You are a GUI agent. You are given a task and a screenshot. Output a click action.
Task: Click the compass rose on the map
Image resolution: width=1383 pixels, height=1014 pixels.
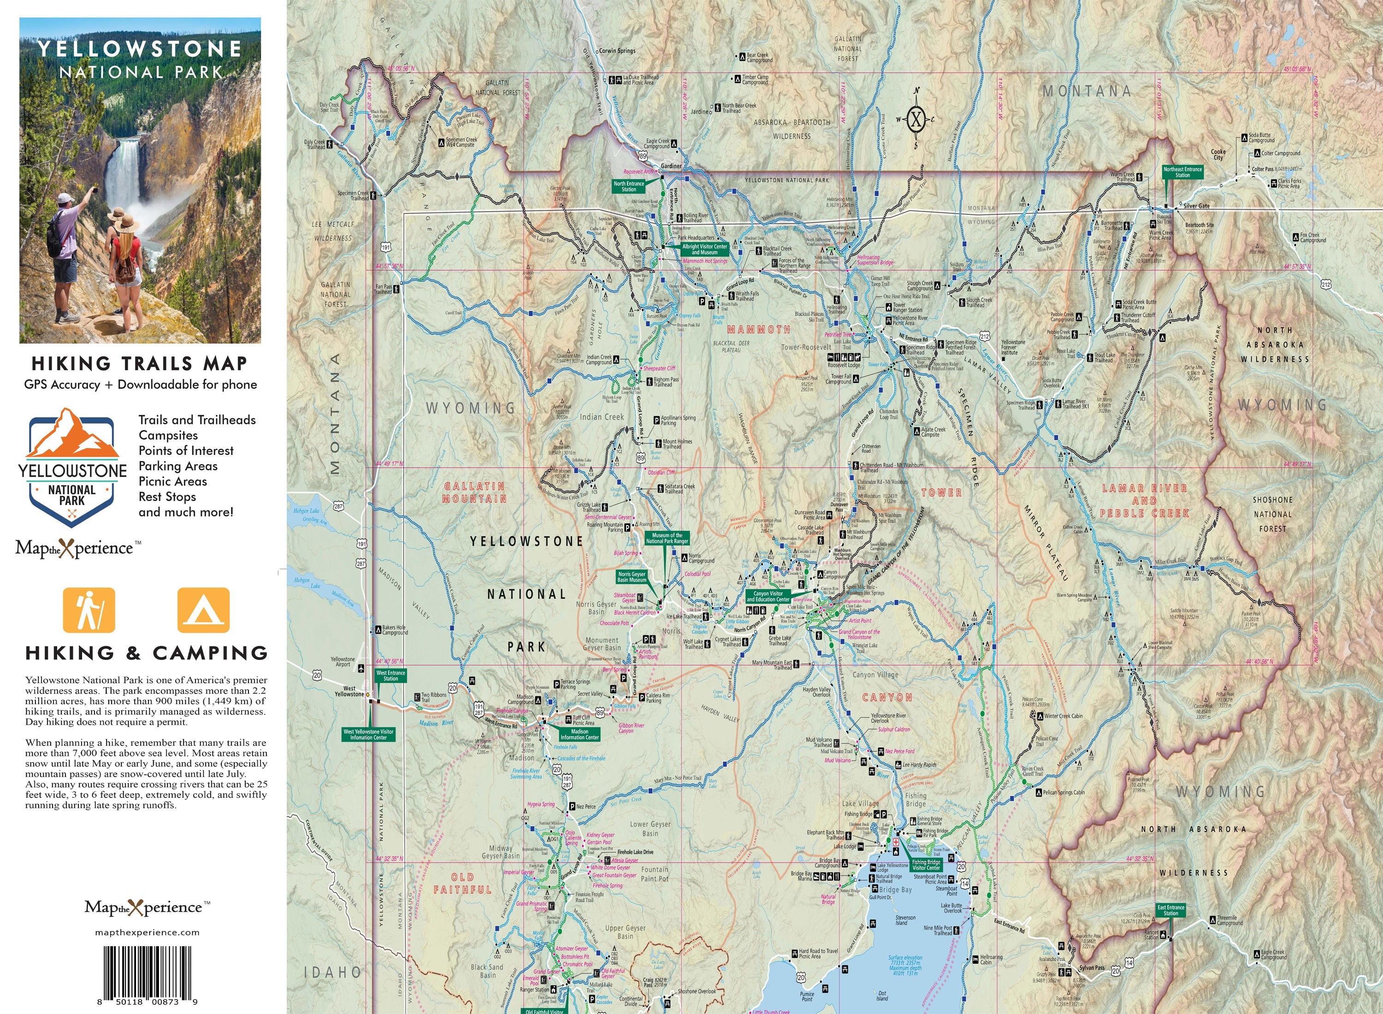pos(915,119)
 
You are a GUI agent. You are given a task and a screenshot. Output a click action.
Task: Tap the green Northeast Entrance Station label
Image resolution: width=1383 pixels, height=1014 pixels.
pos(1182,172)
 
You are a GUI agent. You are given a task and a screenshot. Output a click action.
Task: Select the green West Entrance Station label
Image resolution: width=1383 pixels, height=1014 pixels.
pos(390,675)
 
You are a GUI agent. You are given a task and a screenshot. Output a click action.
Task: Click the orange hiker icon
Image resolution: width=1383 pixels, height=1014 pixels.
pos(89,610)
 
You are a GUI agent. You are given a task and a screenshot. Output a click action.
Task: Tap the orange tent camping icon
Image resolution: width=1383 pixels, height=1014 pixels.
pos(203,610)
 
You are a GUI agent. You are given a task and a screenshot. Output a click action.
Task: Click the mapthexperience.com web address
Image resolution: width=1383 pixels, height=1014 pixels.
pos(148,932)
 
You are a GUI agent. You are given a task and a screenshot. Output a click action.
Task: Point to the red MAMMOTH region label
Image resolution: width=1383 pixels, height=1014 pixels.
pos(759,330)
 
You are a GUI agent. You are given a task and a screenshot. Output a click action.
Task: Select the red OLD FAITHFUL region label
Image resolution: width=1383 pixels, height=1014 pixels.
pos(462,883)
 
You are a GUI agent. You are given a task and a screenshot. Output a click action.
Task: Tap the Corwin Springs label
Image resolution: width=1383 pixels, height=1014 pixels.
pos(617,51)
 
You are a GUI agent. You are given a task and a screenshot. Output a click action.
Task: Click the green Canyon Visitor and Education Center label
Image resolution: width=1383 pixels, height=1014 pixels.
pos(768,596)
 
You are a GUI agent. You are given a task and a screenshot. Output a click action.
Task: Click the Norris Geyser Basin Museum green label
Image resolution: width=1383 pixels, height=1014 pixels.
pos(632,576)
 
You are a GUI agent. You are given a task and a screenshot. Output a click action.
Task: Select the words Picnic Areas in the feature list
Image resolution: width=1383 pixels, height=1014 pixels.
pos(172,481)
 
